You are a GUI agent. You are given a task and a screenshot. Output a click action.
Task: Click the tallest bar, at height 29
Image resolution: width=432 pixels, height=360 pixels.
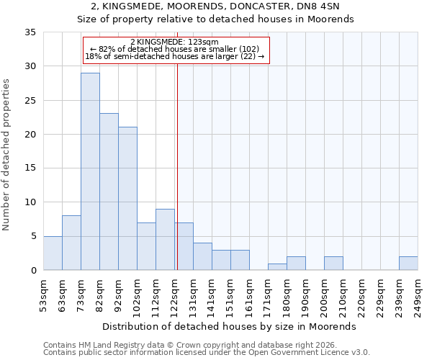click(x=90, y=171)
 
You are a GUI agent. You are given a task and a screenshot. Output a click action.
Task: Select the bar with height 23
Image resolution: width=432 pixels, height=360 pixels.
click(x=109, y=192)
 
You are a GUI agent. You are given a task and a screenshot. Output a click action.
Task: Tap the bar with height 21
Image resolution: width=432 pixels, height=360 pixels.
click(x=127, y=199)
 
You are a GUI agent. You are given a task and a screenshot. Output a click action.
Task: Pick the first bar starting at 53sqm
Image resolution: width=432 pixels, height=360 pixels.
click(x=53, y=253)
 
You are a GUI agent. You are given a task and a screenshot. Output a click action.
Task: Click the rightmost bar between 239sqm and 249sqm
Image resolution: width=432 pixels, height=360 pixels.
click(x=408, y=264)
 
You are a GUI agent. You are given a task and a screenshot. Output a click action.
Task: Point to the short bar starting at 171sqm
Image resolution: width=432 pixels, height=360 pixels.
click(x=277, y=267)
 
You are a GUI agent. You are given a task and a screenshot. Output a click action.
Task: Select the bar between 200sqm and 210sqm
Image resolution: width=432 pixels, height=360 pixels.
click(x=333, y=264)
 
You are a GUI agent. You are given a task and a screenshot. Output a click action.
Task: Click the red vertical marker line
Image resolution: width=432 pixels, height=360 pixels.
click(x=176, y=166)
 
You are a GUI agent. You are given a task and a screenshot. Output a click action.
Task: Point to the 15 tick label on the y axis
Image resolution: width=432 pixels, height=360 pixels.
click(x=30, y=168)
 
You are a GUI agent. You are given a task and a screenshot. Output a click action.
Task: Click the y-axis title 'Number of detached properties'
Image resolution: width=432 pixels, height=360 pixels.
click(x=6, y=155)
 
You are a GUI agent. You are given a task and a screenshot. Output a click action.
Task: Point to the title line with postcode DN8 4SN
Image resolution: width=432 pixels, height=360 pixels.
click(x=215, y=6)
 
